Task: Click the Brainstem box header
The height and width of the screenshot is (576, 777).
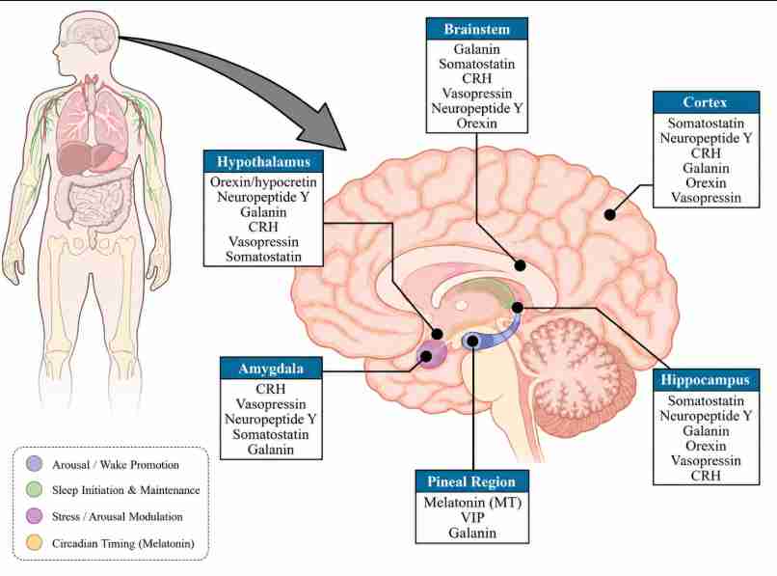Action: (x=476, y=29)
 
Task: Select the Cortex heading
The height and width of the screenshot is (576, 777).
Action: (x=706, y=102)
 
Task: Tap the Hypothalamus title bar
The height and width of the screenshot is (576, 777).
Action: (x=263, y=162)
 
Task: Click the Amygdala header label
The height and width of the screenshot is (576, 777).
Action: (x=271, y=369)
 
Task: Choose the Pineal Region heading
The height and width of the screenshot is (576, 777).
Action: (x=471, y=481)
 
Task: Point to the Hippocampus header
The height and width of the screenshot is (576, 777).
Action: (x=706, y=380)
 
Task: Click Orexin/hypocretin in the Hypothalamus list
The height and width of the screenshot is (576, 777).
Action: (x=263, y=182)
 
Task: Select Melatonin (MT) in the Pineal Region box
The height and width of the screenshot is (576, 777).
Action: (x=472, y=503)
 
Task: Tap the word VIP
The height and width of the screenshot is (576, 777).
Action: (x=472, y=517)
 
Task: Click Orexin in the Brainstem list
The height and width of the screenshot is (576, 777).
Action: (x=476, y=123)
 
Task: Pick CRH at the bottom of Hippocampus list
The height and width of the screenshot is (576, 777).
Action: (x=706, y=476)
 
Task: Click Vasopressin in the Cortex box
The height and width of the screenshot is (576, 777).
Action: (x=706, y=198)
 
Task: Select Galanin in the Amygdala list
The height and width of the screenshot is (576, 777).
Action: (x=271, y=450)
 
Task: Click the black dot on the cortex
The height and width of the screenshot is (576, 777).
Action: (x=610, y=214)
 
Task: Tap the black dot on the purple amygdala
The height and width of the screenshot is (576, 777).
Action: (x=426, y=355)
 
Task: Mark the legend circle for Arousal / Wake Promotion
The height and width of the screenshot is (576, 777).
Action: (x=34, y=464)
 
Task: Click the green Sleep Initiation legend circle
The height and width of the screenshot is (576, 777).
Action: (x=34, y=490)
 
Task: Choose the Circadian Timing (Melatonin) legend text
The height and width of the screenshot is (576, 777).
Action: (x=122, y=543)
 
